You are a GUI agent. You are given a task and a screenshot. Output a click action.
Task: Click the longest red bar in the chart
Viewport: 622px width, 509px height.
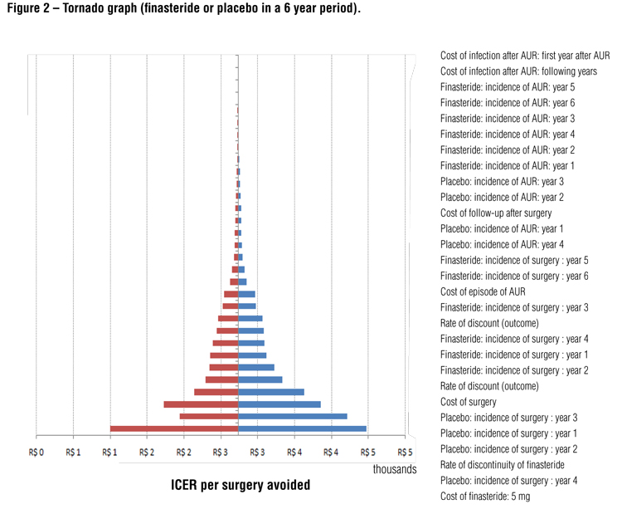pyautogui.click(x=173, y=428)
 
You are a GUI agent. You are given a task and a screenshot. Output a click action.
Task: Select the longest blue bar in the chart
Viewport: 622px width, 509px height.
pyautogui.click(x=302, y=428)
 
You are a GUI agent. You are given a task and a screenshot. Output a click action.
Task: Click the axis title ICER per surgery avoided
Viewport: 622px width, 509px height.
pyautogui.click(x=241, y=485)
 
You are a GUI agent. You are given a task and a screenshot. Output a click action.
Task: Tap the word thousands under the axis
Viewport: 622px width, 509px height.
pyautogui.click(x=395, y=469)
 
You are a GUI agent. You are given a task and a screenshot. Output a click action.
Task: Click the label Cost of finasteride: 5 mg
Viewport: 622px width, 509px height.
pyautogui.click(x=488, y=497)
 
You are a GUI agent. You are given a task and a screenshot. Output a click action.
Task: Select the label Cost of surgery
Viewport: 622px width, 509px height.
pyautogui.click(x=472, y=402)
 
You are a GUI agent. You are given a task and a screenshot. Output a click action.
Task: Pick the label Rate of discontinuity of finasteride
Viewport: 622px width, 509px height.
pyautogui.click(x=502, y=465)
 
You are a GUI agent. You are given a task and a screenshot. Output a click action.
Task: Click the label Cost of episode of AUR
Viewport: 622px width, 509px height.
pyautogui.click(x=483, y=291)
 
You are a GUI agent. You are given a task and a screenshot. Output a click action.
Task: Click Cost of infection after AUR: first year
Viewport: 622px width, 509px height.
pyautogui.click(x=524, y=56)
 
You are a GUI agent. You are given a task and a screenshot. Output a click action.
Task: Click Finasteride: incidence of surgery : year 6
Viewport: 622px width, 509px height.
pyautogui.click(x=514, y=276)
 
